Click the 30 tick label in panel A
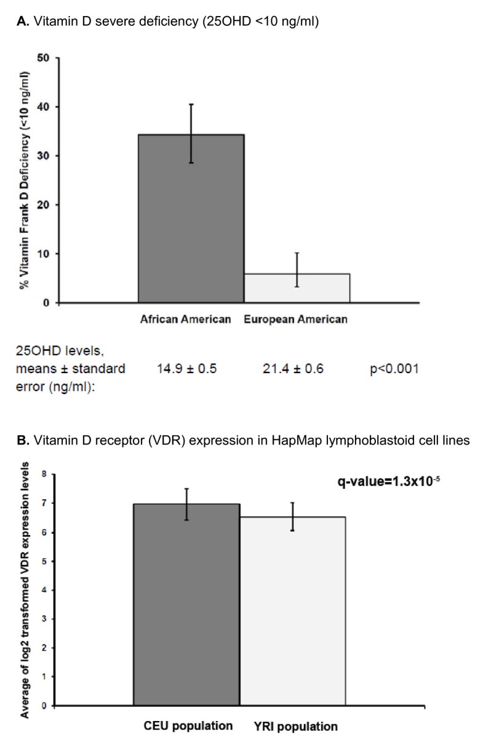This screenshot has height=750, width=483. click(x=42, y=156)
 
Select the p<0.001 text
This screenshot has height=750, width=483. click(x=391, y=369)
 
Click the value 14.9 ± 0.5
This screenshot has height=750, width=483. click(x=187, y=369)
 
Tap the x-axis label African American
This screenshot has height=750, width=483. click(x=186, y=320)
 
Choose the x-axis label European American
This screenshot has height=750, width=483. click(x=295, y=320)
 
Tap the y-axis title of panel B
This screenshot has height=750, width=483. click(x=26, y=591)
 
